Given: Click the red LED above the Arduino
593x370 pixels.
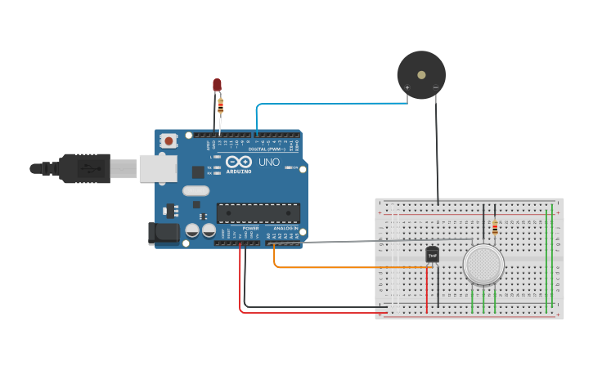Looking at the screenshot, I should coord(217,84).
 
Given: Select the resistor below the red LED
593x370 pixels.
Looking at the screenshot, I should coord(220,105).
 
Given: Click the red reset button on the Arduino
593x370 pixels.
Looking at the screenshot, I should coord(168,140).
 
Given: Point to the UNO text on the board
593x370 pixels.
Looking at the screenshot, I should coord(269,162).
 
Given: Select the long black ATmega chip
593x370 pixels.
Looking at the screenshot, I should coord(258,212).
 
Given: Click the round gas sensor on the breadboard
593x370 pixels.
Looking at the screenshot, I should coord(483,264).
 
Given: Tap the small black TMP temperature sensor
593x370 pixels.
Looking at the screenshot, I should coord(433,255).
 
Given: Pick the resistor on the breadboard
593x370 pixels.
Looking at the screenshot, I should coord(495,226).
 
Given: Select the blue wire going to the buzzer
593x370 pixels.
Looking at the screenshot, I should coord(327,104).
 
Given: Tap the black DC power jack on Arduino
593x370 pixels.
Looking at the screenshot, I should coord(164,234).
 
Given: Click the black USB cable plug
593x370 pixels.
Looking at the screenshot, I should coord(82,168).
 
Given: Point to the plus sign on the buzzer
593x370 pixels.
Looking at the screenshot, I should coord(407,87).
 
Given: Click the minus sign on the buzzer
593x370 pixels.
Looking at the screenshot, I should coord(435,87).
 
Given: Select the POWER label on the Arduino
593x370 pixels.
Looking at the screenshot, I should coord(250,228).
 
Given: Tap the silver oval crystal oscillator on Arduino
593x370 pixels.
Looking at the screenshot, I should coord(196,191).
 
